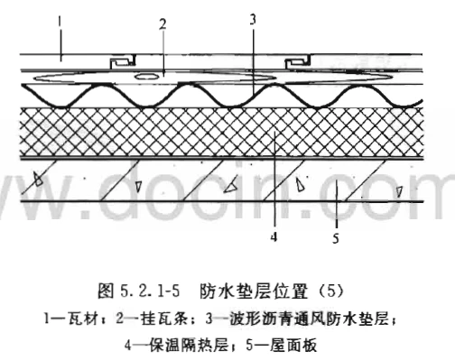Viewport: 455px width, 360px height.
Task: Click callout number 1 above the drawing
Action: click(60, 22)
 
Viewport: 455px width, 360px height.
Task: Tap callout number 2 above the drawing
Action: click(162, 24)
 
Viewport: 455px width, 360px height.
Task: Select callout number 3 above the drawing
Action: click(253, 20)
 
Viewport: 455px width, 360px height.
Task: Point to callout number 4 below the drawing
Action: click(274, 237)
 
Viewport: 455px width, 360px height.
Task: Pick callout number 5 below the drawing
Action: click(336, 238)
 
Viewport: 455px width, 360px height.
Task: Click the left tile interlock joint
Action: click(122, 61)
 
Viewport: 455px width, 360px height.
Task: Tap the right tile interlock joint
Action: click(298, 61)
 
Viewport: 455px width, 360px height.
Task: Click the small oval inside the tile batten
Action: click(146, 76)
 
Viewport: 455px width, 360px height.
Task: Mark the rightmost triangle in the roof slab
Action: click(399, 192)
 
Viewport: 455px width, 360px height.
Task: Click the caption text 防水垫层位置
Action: click(254, 291)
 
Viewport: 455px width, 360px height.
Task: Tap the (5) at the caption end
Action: click(331, 291)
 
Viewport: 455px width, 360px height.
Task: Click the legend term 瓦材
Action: click(83, 318)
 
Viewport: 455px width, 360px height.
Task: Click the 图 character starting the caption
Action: click(106, 291)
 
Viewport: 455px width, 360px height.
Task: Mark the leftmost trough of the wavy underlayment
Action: click(61, 106)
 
